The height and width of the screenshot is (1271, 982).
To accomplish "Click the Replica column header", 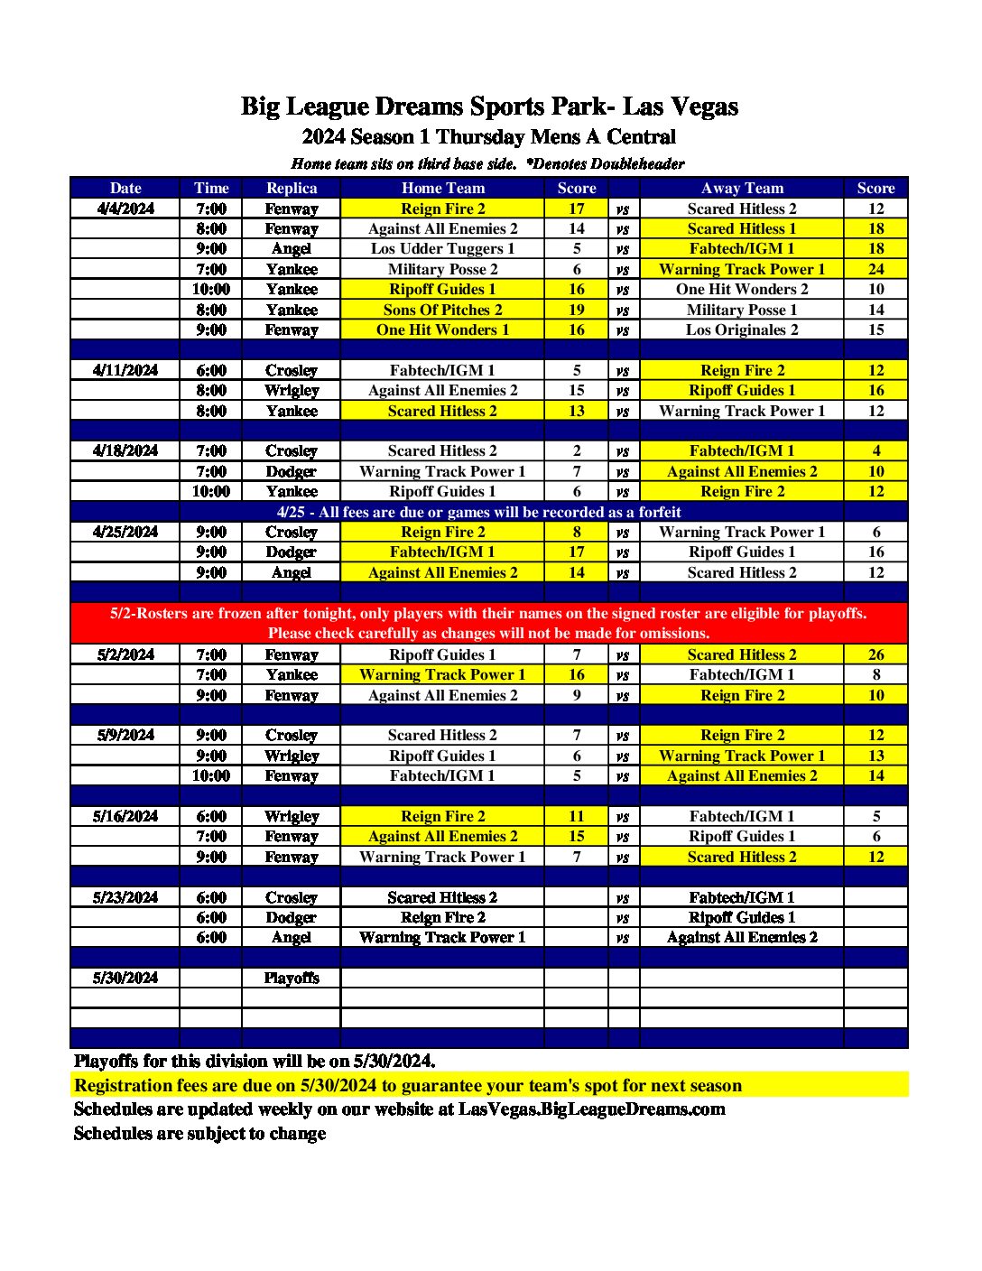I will pos(292,188).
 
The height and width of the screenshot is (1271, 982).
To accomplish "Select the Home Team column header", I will pos(442,188).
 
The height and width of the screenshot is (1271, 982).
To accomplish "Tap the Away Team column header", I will pos(742,188).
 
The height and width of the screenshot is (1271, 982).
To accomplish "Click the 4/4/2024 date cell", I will pos(125,209).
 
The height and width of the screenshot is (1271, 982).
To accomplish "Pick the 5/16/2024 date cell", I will pos(125,816).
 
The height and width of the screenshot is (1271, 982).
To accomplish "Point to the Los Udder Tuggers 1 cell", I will pos(442,248).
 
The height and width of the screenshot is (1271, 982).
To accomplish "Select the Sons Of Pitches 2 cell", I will pos(442,310).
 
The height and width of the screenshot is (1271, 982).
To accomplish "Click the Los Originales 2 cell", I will pos(742,329).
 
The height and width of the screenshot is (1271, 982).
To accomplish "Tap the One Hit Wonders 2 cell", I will pos(742,289).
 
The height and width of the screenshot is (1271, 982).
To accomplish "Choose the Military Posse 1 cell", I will pos(742,310).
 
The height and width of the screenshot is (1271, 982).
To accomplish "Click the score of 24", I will pos(875,269).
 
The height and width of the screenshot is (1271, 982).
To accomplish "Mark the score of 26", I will pos(875,654).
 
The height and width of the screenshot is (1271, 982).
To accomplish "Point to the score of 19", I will pos(577,310).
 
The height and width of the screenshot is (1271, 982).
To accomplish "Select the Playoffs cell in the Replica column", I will pos(292,978).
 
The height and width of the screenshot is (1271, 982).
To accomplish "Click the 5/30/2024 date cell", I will pos(125,978).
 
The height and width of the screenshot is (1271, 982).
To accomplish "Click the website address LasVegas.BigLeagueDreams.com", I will pos(591,1109).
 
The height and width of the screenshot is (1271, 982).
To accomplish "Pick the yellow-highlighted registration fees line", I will pos(408,1085).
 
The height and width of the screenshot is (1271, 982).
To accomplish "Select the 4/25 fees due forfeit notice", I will pos(478,512).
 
